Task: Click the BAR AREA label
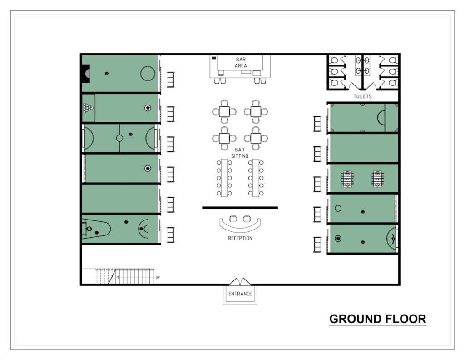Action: coord(241,63)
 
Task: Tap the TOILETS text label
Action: coord(362,96)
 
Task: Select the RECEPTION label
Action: coord(240,238)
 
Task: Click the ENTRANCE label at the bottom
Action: coord(240,294)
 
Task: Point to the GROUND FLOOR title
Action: coord(377,319)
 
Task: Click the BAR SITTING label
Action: coord(240,153)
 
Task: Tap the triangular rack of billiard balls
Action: coord(88,108)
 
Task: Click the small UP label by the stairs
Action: coord(158,277)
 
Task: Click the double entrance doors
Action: coord(240,282)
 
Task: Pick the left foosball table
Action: coord(347,179)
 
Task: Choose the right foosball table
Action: coord(377,179)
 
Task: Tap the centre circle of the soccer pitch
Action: coord(119,138)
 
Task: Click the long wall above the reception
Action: coord(240,208)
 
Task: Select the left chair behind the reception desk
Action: coord(233,219)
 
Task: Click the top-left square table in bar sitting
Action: coord(224,112)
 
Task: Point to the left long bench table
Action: coord(224,178)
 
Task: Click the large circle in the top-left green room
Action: coord(148,73)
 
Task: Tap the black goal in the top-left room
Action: coord(86,73)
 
